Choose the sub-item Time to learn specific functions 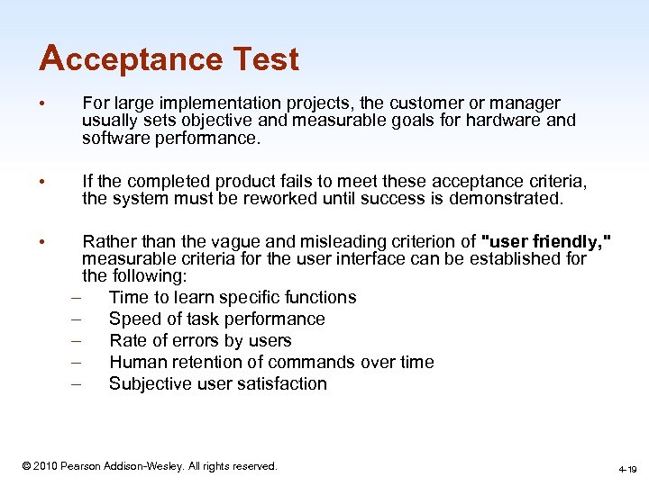[x=233, y=297]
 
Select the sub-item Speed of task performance [x=217, y=319]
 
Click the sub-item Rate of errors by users [x=200, y=340]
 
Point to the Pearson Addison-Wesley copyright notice [x=150, y=466]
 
